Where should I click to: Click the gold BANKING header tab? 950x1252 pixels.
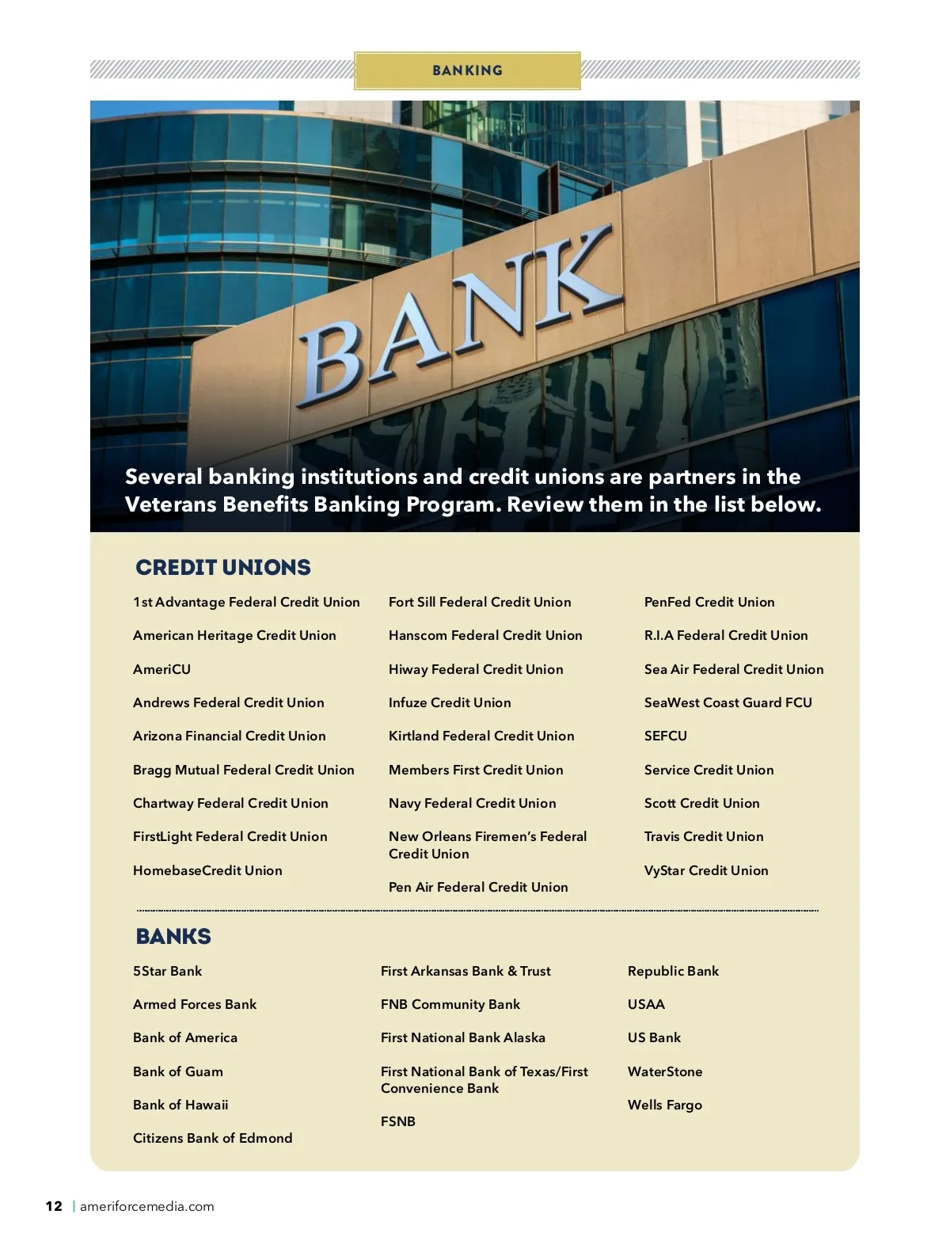(x=467, y=70)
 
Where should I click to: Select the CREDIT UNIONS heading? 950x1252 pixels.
(x=223, y=567)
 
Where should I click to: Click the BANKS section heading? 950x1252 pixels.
(x=173, y=936)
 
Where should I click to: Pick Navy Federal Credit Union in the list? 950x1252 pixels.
(x=472, y=803)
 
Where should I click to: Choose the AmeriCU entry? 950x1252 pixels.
(x=161, y=669)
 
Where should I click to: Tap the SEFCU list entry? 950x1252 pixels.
(x=665, y=736)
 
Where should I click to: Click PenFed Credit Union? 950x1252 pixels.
(x=709, y=602)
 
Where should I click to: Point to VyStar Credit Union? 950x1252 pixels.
(x=705, y=870)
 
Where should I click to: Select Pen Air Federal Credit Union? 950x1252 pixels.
(x=477, y=887)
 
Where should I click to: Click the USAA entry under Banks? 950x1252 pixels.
(x=646, y=1004)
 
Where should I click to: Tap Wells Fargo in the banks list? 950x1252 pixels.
(x=664, y=1105)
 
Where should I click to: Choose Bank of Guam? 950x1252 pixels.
(x=177, y=1071)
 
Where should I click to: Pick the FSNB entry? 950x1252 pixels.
(x=397, y=1121)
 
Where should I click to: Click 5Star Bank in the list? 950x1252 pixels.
(x=167, y=971)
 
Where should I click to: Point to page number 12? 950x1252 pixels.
(x=54, y=1206)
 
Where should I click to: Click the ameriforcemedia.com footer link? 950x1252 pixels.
(x=146, y=1206)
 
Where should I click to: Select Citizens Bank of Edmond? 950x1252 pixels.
(x=212, y=1138)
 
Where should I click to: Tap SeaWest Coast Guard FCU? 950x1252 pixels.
(x=728, y=702)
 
